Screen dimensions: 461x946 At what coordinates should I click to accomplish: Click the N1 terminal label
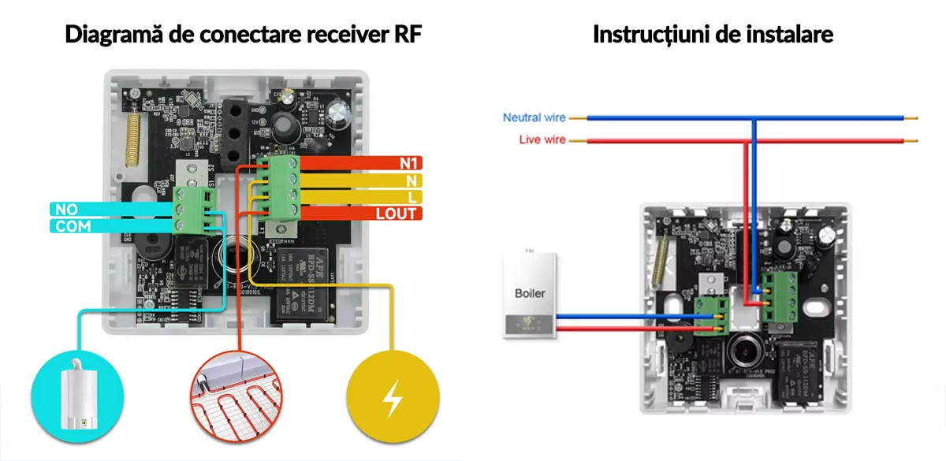(408, 164)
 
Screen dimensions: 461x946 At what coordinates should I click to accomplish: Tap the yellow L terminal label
(413, 197)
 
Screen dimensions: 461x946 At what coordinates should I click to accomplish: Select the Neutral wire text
(534, 117)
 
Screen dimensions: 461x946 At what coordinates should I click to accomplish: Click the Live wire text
(542, 140)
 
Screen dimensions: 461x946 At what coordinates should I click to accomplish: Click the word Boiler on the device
(530, 293)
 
